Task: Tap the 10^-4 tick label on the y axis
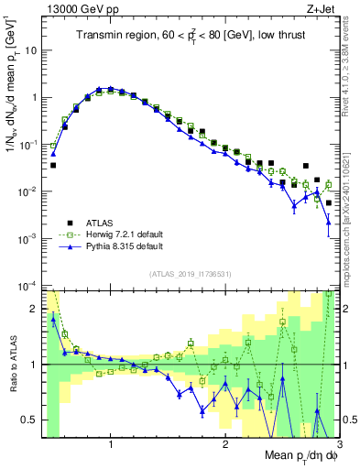click(x=29, y=286)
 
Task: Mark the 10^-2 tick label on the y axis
click(x=29, y=191)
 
